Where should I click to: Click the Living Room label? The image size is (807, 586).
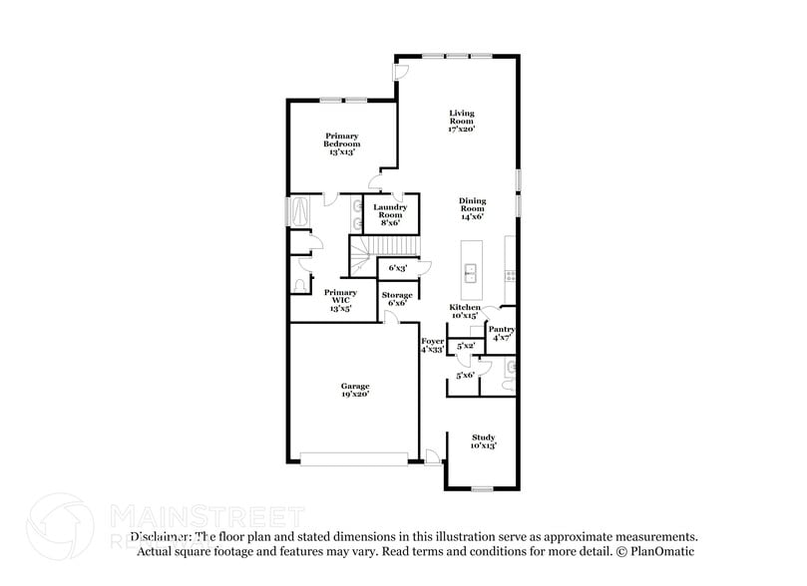pyautogui.click(x=461, y=121)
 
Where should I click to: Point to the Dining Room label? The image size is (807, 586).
pyautogui.click(x=472, y=207)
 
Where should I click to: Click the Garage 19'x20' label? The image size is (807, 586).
pyautogui.click(x=355, y=390)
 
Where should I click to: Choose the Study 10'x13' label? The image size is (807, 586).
pyautogui.click(x=484, y=441)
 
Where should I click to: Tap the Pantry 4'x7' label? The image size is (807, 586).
pyautogui.click(x=501, y=333)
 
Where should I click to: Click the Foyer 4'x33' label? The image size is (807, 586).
pyautogui.click(x=432, y=345)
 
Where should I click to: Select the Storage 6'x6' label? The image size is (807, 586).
pyautogui.click(x=396, y=298)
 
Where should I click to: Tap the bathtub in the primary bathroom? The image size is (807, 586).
pyautogui.click(x=297, y=211)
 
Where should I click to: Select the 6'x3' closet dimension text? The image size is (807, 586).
pyautogui.click(x=396, y=267)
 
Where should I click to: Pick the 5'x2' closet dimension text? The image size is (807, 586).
pyautogui.click(x=464, y=346)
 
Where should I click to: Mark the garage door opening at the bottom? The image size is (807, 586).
pyautogui.click(x=354, y=458)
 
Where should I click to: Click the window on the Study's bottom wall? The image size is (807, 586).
pyautogui.click(x=484, y=488)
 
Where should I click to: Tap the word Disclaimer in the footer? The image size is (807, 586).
pyautogui.click(x=160, y=536)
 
